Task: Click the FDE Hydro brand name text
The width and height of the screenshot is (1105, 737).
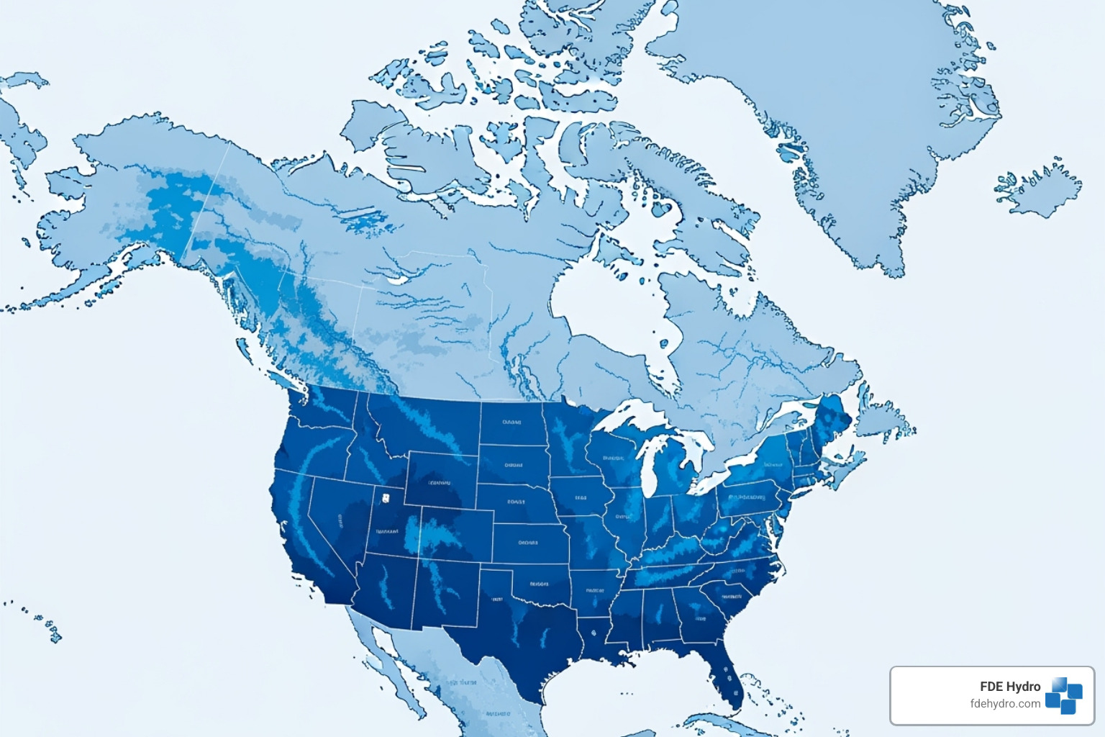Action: point(1010,687)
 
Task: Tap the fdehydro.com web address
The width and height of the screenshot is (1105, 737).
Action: point(1005,704)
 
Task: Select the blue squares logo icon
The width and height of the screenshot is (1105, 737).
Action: point(1064,695)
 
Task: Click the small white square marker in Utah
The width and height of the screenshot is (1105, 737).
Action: point(386,497)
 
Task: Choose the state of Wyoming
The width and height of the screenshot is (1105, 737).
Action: point(440,481)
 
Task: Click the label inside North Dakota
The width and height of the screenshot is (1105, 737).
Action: point(511,422)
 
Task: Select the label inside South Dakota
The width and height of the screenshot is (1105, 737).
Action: point(513,466)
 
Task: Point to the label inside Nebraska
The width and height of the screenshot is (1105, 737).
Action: point(516,502)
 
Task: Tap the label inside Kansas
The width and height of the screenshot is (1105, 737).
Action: point(528,543)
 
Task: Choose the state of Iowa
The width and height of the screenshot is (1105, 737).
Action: point(581,497)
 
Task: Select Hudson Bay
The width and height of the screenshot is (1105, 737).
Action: point(611,302)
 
